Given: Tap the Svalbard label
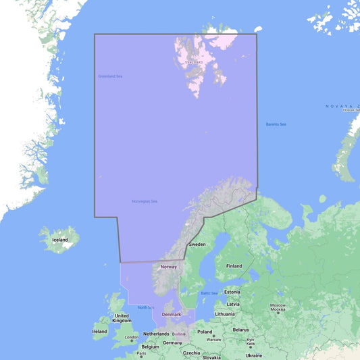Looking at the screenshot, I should [x=194, y=62].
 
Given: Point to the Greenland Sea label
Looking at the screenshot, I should [x=110, y=76].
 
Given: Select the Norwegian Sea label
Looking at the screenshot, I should [x=145, y=201].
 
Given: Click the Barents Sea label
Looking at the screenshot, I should [x=276, y=124].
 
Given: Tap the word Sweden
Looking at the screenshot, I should [x=197, y=244].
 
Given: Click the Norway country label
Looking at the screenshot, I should [x=168, y=267].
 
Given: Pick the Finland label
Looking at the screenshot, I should [x=234, y=266].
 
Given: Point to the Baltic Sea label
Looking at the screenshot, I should [x=209, y=293].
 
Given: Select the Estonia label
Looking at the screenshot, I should [x=232, y=292].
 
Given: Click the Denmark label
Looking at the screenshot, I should [x=172, y=314].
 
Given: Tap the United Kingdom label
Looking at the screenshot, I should [x=122, y=318].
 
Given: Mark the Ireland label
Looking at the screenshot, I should [x=99, y=332].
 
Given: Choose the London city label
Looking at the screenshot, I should [x=132, y=338].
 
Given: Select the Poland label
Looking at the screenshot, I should [x=205, y=332].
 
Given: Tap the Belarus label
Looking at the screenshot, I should [x=240, y=330].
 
